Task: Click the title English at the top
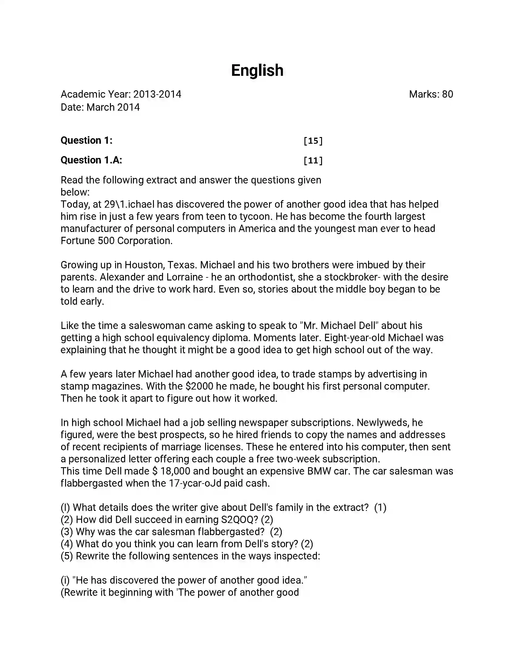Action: [257, 71]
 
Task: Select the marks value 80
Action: [447, 94]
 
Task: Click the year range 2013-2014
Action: [157, 94]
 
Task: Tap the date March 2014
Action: [113, 108]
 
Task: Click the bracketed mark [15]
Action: [313, 141]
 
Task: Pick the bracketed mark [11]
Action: [313, 160]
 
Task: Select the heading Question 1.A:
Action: [91, 160]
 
